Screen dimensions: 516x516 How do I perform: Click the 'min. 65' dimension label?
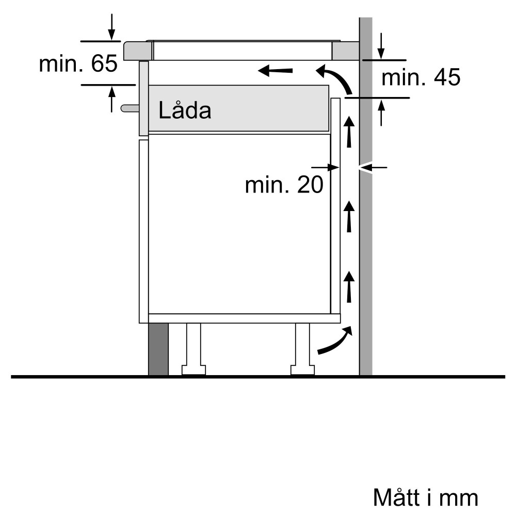tap(78, 64)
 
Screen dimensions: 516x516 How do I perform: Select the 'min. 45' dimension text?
tap(421, 78)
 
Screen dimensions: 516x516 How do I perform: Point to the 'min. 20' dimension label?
tap(284, 185)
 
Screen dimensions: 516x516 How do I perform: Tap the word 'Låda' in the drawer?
tap(185, 110)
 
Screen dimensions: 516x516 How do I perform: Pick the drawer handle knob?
tap(130, 108)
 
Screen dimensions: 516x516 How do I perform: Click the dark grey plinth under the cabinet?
tap(158, 349)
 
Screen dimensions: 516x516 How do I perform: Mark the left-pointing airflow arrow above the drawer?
tap(276, 70)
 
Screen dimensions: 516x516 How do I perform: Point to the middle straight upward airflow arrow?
tap(349, 216)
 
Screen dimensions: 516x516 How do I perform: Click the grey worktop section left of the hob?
tap(138, 51)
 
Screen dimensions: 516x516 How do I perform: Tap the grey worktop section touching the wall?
tap(345, 51)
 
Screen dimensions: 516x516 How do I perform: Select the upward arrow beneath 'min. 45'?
tap(381, 112)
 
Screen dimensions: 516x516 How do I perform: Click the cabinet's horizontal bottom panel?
tap(244, 318)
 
